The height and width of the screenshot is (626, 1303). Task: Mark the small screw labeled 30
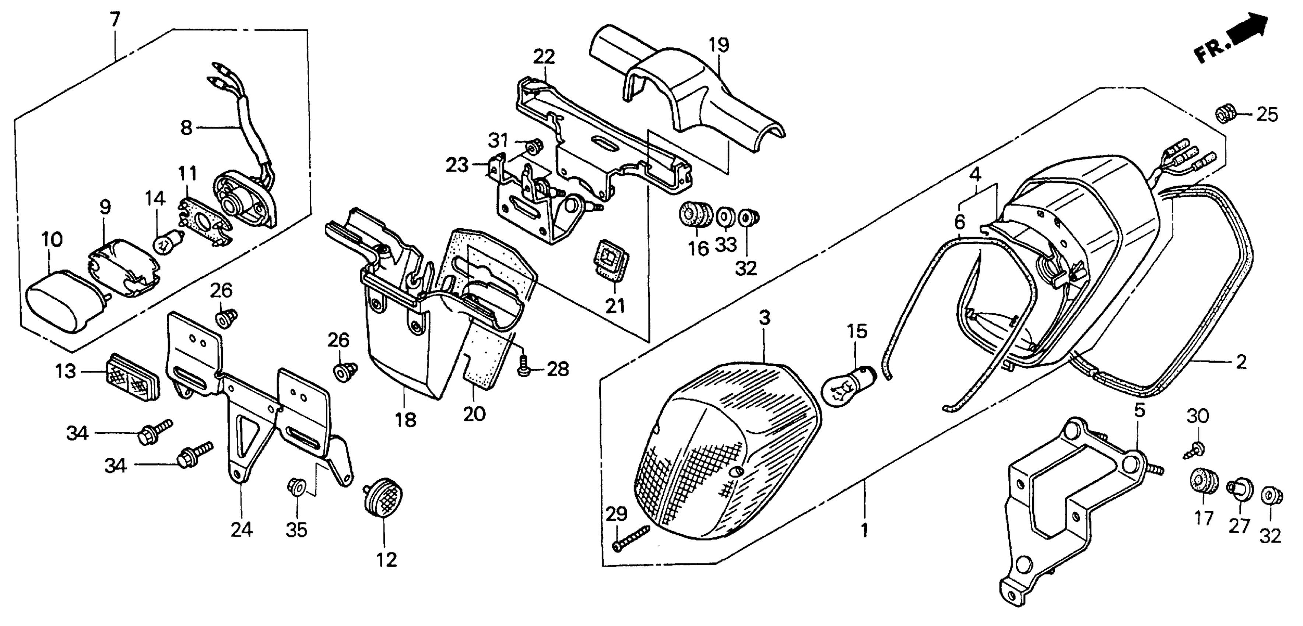tap(1196, 449)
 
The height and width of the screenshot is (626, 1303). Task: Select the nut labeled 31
tap(531, 147)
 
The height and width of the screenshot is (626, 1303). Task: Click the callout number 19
tap(719, 46)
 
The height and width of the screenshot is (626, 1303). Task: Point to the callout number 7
tap(115, 20)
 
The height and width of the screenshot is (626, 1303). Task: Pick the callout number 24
tap(241, 529)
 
